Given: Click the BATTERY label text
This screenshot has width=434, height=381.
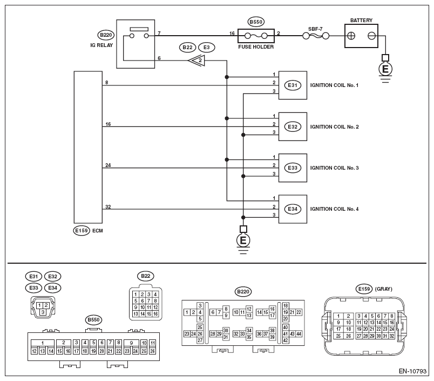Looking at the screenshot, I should [361, 21].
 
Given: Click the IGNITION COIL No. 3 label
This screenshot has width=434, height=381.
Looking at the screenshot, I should [341, 168].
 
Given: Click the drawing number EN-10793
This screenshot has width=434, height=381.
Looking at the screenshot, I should [413, 372].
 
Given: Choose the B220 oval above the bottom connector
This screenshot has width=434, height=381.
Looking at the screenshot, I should [243, 292].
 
